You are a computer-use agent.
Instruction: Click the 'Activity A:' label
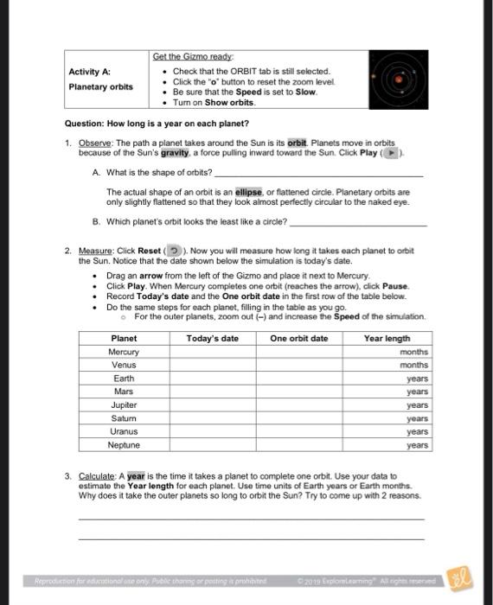click(x=90, y=73)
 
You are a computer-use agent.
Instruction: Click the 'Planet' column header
click(x=124, y=339)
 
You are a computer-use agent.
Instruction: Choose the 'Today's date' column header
click(x=212, y=339)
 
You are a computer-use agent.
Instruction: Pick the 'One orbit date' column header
click(x=299, y=339)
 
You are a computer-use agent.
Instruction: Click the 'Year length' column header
click(x=387, y=339)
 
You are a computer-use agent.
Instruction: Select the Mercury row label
click(x=124, y=353)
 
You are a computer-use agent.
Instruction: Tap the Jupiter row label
click(x=124, y=405)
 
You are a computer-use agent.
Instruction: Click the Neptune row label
click(x=124, y=445)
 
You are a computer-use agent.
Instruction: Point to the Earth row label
click(x=124, y=379)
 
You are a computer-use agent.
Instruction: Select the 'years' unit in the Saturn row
click(x=417, y=418)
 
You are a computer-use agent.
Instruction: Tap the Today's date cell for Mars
click(x=212, y=392)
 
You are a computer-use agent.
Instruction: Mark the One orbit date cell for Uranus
click(x=299, y=432)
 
